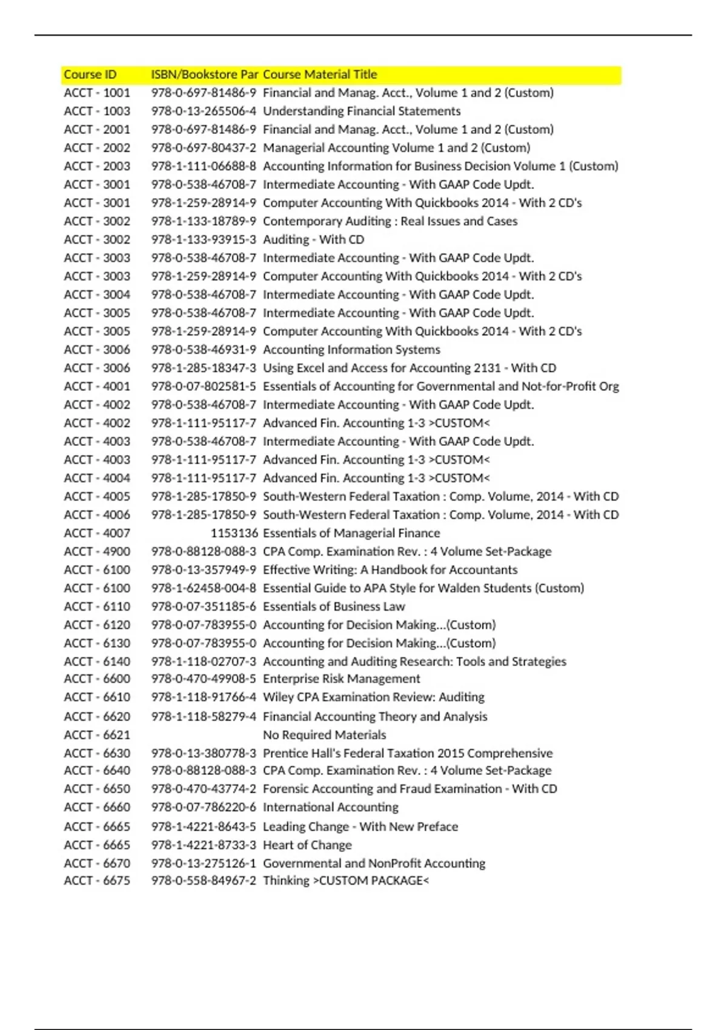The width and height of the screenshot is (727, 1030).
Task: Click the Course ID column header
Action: point(90,75)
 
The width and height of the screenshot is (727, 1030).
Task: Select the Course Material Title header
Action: point(320,75)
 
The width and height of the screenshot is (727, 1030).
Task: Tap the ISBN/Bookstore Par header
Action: point(204,75)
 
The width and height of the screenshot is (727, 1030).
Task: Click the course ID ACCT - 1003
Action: point(97,111)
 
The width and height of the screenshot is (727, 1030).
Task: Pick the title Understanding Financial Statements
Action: point(362,111)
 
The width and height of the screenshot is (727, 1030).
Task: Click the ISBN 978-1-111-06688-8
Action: point(204,166)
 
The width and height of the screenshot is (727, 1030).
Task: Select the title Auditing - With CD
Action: point(313,239)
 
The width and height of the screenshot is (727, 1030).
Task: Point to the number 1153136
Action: point(234,533)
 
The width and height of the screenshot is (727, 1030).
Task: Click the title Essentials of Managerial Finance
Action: point(351,533)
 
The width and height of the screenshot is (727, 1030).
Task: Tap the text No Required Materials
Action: point(324,735)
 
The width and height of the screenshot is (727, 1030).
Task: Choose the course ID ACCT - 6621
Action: point(97,735)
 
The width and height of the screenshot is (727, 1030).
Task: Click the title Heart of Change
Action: point(307,845)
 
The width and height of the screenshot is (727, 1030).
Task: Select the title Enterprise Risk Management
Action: point(341,679)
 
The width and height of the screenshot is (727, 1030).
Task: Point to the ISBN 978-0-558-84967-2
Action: point(204,880)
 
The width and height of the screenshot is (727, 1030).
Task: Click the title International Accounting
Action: point(331,807)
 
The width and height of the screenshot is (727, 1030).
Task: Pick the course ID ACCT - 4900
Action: point(97,551)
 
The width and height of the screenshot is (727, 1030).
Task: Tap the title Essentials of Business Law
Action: point(334,606)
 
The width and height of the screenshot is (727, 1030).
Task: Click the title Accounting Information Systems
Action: point(351,350)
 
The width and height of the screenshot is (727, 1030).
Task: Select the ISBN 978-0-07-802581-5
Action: point(204,386)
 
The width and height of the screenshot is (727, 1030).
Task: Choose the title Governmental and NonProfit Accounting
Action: point(374,863)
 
